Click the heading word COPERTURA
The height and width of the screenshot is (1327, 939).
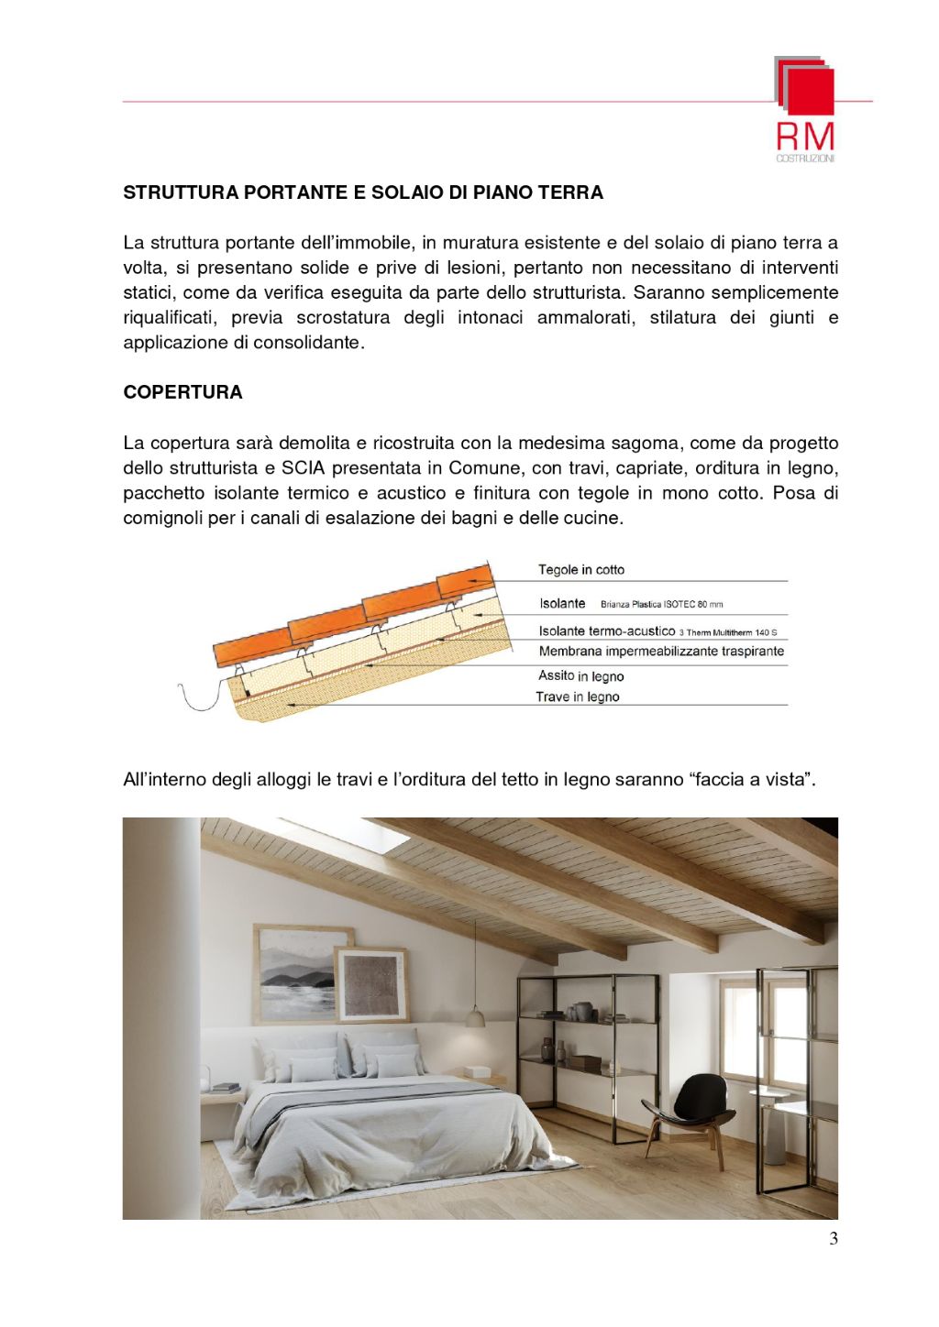pyautogui.click(x=182, y=392)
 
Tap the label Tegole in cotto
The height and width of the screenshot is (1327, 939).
pyautogui.click(x=580, y=570)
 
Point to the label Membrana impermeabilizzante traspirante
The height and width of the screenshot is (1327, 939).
pyautogui.click(x=661, y=652)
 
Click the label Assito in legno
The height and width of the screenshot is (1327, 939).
pyautogui.click(x=580, y=676)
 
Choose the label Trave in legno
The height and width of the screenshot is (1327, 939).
pyautogui.click(x=578, y=696)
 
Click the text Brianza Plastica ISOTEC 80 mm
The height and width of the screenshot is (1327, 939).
pyautogui.click(x=661, y=605)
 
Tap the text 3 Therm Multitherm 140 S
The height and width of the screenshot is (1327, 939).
pyautogui.click(x=727, y=632)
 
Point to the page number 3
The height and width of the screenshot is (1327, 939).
pyautogui.click(x=833, y=1239)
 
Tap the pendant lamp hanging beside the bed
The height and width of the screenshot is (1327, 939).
pyautogui.click(x=475, y=1015)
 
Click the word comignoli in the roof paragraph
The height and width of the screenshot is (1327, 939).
pyautogui.click(x=163, y=518)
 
